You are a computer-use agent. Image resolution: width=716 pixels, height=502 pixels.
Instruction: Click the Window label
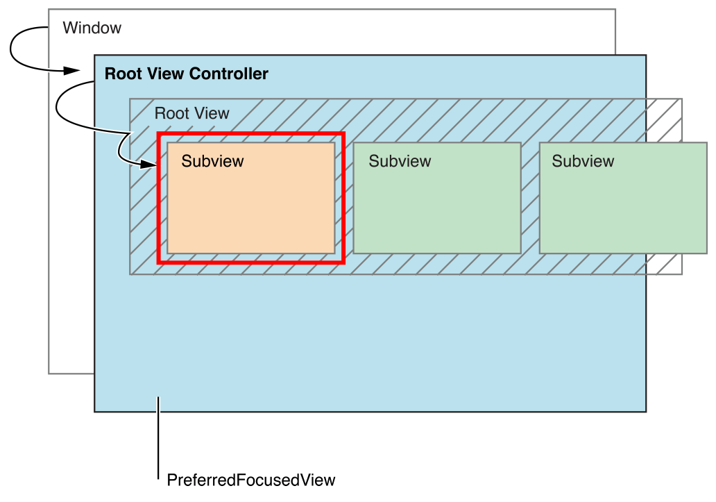click(x=92, y=28)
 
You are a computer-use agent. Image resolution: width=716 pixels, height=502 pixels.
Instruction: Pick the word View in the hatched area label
click(x=211, y=113)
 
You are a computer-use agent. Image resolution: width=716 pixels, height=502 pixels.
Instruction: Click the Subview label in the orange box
click(x=212, y=162)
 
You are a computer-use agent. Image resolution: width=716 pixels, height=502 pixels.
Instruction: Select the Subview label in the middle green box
click(x=400, y=162)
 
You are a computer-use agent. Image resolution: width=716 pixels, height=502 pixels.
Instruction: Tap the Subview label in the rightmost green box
click(x=583, y=162)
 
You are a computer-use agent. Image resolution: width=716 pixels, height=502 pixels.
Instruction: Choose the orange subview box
click(x=250, y=208)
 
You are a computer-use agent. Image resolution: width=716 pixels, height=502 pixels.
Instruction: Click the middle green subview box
click(x=437, y=208)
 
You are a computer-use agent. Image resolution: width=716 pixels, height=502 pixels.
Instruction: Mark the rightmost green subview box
click(x=622, y=208)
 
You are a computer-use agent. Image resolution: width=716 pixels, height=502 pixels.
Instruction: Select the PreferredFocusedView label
click(x=251, y=480)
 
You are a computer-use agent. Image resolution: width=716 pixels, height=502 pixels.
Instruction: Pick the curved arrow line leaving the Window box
click(x=12, y=49)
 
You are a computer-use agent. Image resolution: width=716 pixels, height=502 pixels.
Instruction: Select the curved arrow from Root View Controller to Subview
click(x=58, y=104)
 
